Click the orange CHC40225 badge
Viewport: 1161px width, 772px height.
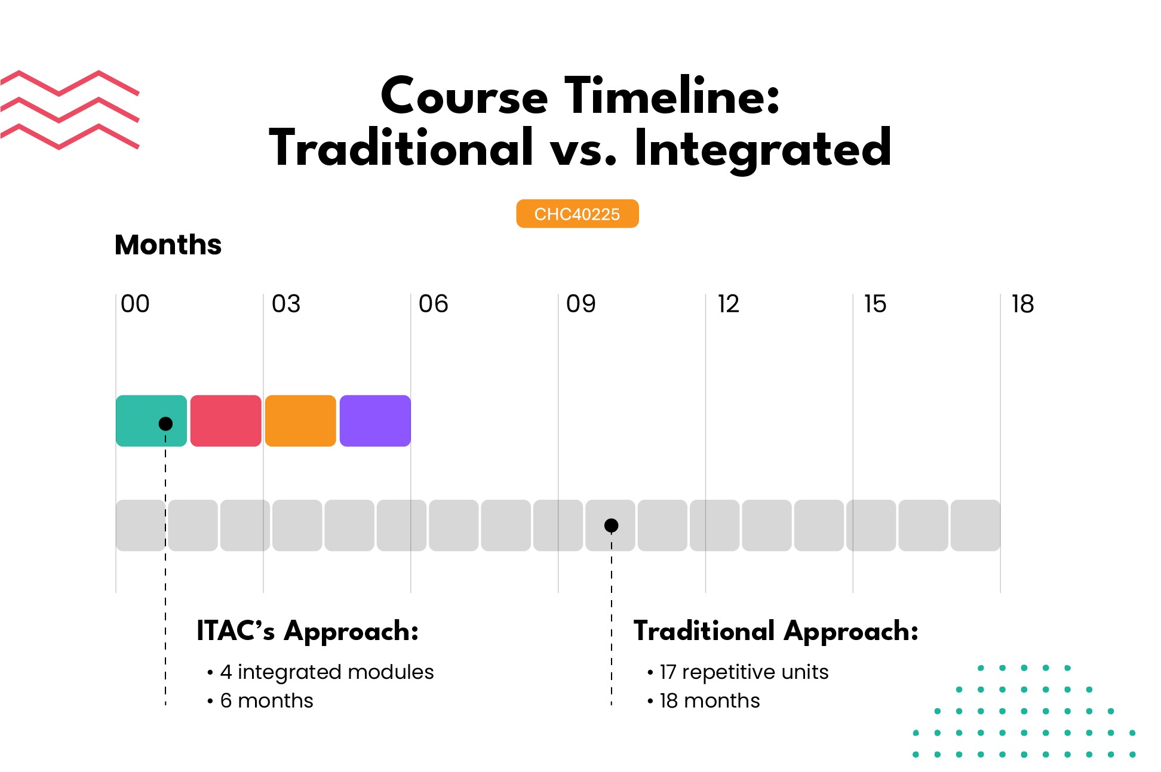click(x=577, y=214)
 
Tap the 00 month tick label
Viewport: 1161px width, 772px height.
click(x=135, y=304)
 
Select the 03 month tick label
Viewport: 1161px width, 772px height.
click(x=286, y=304)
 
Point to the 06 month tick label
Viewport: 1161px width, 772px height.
click(x=433, y=304)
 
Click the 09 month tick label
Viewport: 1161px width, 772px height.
click(x=580, y=304)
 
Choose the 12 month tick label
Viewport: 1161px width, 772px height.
click(x=728, y=304)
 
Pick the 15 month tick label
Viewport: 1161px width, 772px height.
click(x=875, y=304)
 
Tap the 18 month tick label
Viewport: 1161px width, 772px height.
click(x=1022, y=304)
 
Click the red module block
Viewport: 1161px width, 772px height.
click(x=226, y=420)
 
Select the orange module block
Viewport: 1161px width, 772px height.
click(x=300, y=420)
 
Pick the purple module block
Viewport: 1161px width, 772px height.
click(x=375, y=420)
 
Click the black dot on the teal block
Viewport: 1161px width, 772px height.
click(x=165, y=423)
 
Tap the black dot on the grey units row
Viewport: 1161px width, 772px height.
click(x=611, y=525)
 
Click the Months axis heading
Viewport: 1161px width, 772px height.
click(x=168, y=244)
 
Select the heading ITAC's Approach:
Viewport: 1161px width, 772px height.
click(x=308, y=631)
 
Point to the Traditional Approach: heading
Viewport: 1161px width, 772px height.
click(x=776, y=631)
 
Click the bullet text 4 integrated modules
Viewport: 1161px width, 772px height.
click(x=326, y=672)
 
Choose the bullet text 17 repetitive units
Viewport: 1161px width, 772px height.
click(x=744, y=672)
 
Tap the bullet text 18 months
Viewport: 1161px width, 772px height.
click(x=709, y=701)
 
